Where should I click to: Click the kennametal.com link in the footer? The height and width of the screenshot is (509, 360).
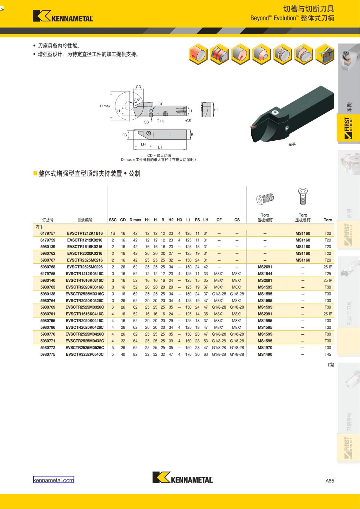(x=53, y=480)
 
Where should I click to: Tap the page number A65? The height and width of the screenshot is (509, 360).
(x=329, y=481)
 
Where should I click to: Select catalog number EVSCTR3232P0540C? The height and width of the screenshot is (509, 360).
(x=85, y=354)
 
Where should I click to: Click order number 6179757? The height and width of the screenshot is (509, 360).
(x=48, y=233)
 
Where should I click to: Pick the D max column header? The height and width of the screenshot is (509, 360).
(x=135, y=220)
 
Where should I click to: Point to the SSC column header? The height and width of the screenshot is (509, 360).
(x=113, y=220)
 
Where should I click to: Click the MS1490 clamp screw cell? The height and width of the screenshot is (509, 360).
(x=265, y=354)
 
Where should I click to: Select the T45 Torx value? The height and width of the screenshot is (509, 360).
(x=328, y=354)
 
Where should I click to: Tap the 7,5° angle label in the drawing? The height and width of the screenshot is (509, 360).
(x=137, y=100)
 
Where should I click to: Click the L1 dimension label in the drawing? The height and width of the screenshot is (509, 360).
(x=160, y=148)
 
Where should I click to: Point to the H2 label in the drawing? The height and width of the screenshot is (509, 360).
(x=216, y=110)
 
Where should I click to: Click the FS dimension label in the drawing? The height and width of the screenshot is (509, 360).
(x=124, y=135)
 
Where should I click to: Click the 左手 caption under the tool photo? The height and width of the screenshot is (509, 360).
(x=292, y=144)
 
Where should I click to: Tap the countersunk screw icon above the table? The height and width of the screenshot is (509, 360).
(x=303, y=196)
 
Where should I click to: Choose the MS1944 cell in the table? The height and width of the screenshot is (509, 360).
(x=265, y=274)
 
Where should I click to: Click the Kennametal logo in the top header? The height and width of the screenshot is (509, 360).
(x=63, y=16)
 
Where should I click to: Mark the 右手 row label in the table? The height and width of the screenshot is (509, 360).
(x=40, y=227)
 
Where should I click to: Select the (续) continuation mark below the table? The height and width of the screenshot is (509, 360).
(x=331, y=365)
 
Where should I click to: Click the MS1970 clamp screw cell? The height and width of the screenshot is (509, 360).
(x=265, y=348)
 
